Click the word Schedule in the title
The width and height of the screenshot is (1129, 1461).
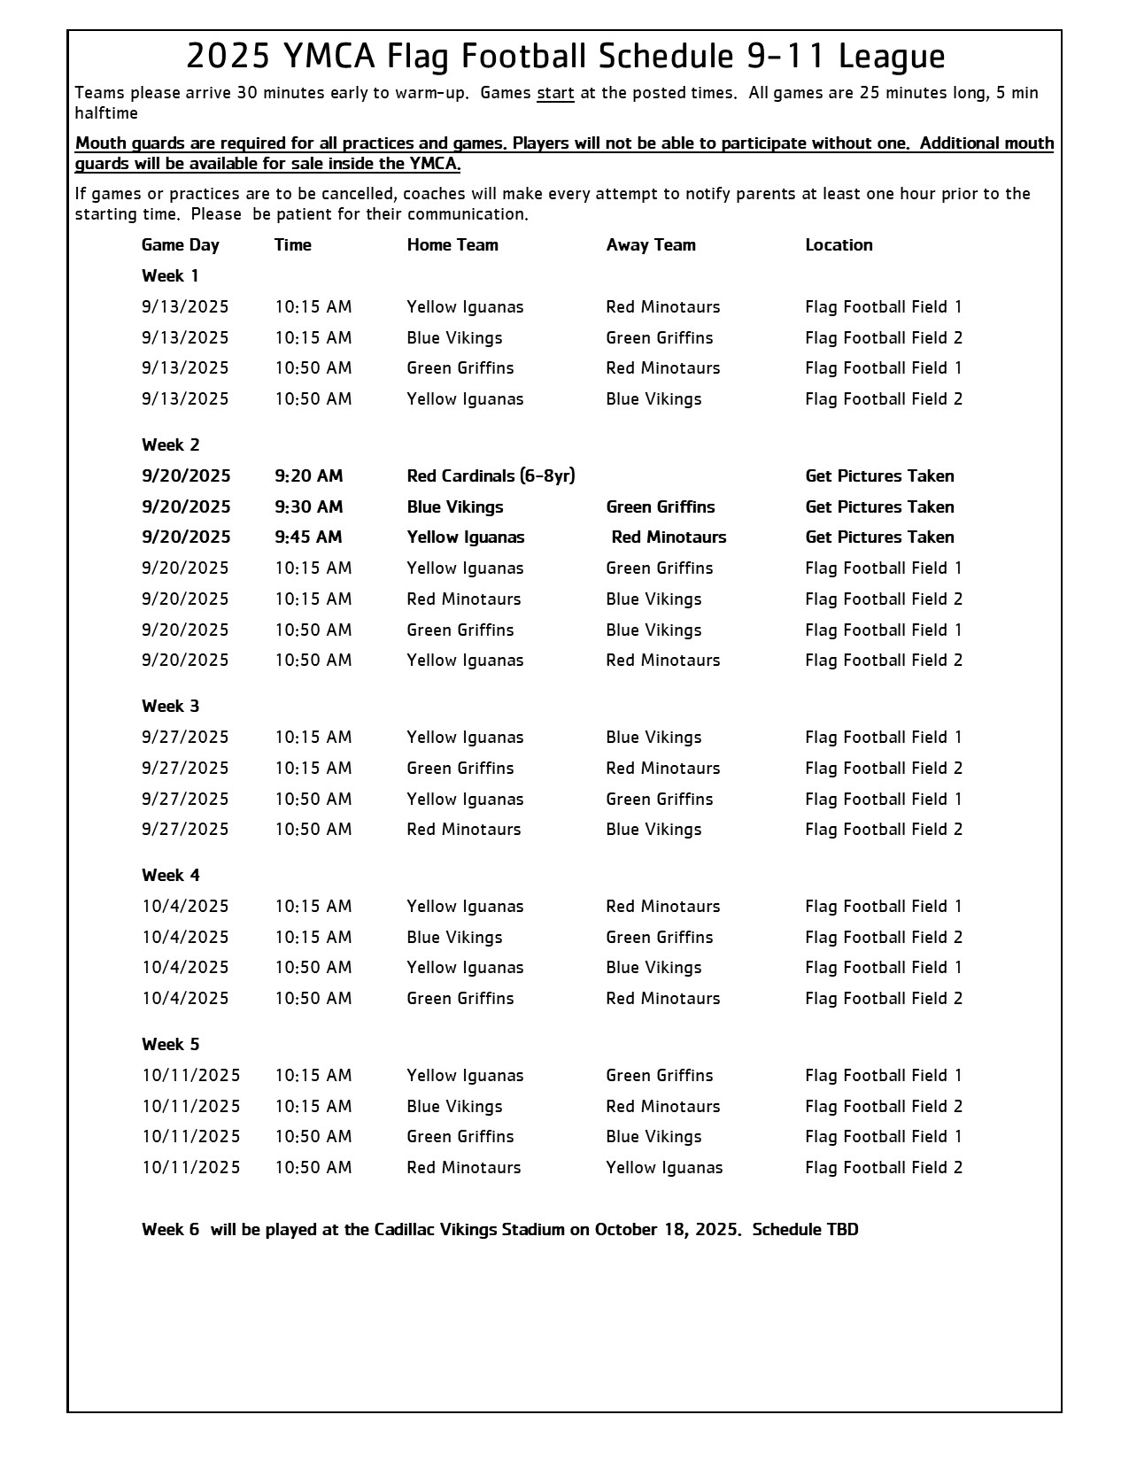(x=666, y=57)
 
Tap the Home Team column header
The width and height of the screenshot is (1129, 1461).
(x=452, y=245)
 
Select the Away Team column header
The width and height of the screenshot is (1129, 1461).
(x=651, y=245)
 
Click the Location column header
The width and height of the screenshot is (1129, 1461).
(x=839, y=245)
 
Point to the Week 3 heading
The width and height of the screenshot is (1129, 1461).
(x=171, y=707)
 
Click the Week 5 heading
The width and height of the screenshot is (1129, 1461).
(x=171, y=1045)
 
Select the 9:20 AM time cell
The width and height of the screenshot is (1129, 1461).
(x=308, y=476)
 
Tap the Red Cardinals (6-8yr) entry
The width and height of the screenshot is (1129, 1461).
(x=491, y=476)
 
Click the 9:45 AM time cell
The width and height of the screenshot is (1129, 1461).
(x=308, y=537)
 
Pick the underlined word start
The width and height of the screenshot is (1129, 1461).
(x=555, y=93)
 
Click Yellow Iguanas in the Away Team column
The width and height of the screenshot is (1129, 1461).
(x=664, y=1168)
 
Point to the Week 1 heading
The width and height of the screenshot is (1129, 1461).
(x=171, y=276)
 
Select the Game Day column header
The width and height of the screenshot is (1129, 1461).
(x=181, y=245)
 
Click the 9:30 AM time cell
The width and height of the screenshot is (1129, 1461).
(x=308, y=507)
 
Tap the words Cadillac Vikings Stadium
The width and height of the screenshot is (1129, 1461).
(x=469, y=1230)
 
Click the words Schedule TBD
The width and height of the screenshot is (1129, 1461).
(x=805, y=1230)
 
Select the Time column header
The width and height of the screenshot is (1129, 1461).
(x=293, y=245)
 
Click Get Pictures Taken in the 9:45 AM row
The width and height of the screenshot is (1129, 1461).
(x=879, y=537)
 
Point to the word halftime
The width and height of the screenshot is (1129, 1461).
(x=106, y=113)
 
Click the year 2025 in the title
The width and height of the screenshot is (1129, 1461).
(x=228, y=57)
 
